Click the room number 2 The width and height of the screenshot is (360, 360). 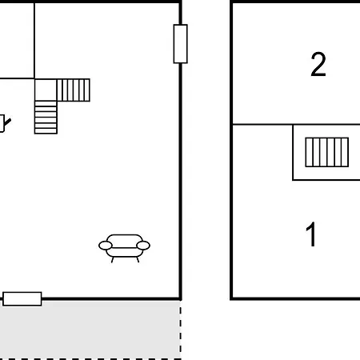tap(318, 64)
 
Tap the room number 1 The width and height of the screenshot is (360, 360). tap(311, 234)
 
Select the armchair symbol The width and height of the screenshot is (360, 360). tap(124, 248)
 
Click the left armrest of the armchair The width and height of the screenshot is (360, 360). tap(106, 246)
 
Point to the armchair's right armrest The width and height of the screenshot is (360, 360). tap(143, 246)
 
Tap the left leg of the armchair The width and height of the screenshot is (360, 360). tap(113, 260)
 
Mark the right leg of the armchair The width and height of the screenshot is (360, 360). tap(138, 260)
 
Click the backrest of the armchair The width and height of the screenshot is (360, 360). tap(124, 238)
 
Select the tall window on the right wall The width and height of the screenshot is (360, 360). tap(181, 44)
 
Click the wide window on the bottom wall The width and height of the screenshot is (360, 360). tap(22, 298)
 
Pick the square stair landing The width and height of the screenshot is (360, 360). tap(46, 90)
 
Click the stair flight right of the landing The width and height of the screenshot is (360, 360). tap(74, 90)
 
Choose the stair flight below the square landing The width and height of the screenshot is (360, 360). tap(46, 118)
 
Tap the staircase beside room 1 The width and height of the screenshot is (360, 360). tap(327, 152)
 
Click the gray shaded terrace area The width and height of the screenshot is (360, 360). tap(90, 330)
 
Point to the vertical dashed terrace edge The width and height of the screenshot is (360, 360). tap(181, 330)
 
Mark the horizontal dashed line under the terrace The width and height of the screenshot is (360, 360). tap(90, 359)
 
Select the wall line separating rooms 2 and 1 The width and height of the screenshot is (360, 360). tap(296, 124)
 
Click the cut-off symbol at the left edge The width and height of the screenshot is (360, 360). tap(5, 123)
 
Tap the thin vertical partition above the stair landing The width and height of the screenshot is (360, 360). tap(34, 41)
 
